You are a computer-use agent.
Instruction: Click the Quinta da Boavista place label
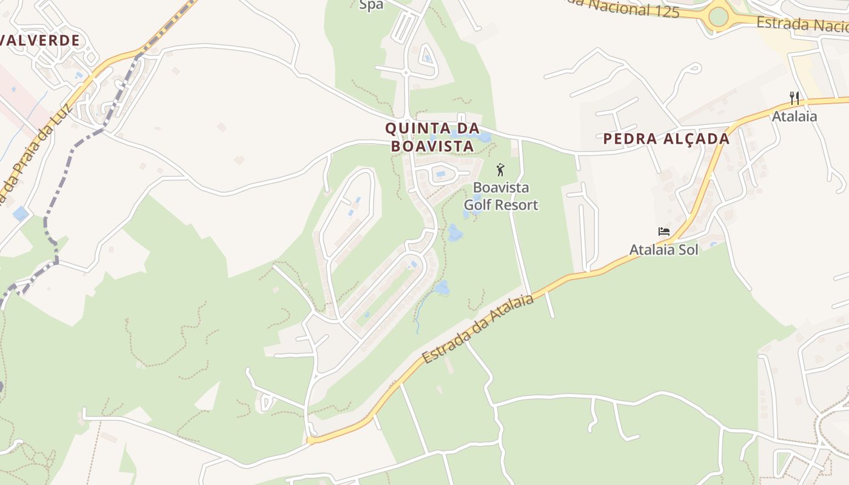432,137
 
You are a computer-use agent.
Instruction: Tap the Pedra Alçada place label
666,139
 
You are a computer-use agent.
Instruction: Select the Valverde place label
39,41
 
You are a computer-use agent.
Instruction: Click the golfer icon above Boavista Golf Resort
500,170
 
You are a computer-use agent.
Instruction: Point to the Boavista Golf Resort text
501,196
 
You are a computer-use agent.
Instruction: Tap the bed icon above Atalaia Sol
664,232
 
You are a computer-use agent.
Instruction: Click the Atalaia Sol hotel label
663,249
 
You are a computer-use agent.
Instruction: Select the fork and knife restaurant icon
794,98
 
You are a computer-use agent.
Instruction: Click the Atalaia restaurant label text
794,116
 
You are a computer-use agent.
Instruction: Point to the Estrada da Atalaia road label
479,329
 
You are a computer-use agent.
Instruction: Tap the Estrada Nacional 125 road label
625,8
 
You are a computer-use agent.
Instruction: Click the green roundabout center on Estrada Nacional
718,16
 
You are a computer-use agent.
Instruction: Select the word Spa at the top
371,5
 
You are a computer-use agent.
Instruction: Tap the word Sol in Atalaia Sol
688,249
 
